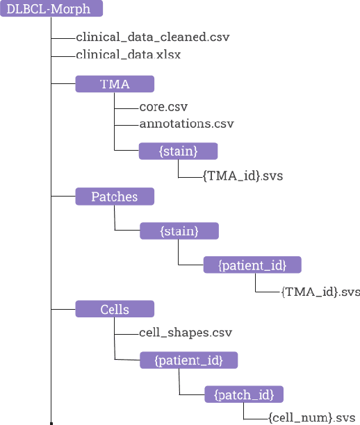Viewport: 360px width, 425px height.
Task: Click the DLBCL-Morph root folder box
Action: [x=51, y=9]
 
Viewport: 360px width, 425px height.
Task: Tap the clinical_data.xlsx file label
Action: [x=128, y=55]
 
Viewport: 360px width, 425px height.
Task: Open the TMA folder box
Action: [x=114, y=84]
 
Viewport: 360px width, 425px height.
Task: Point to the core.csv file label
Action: [x=163, y=107]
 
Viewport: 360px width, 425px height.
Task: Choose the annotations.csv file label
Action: [x=186, y=124]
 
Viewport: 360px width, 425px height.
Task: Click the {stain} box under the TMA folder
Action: [x=179, y=151]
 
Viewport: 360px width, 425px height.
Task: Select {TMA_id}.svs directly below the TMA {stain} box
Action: [x=243, y=176]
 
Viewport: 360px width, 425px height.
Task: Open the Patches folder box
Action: [x=114, y=197]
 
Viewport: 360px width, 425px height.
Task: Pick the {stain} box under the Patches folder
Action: [x=179, y=231]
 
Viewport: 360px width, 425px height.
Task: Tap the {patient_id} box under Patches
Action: [x=253, y=265]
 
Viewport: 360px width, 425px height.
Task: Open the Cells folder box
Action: [x=114, y=309]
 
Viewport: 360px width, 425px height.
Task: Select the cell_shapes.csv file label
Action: [x=185, y=333]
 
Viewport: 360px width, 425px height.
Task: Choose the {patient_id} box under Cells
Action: [x=188, y=360]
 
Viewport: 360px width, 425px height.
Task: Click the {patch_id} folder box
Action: [x=244, y=394]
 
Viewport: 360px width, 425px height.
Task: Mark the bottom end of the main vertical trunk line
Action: [x=51, y=421]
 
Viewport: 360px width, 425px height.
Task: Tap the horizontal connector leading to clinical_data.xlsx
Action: [x=63, y=55]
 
